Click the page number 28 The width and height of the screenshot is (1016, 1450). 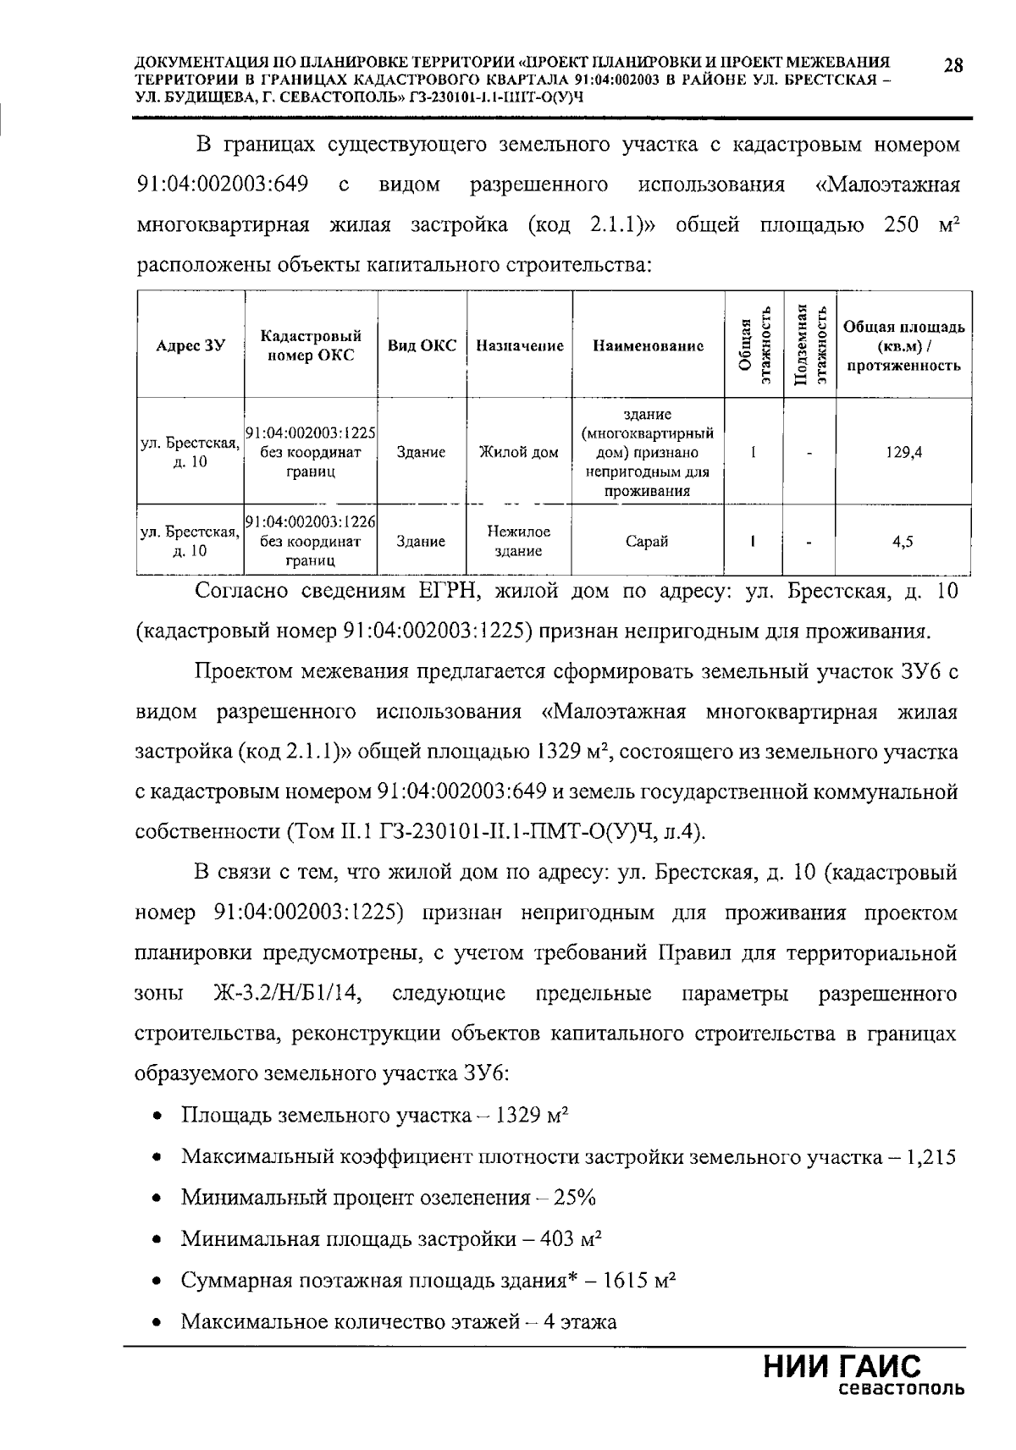[x=952, y=66]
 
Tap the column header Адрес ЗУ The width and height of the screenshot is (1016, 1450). [x=191, y=345]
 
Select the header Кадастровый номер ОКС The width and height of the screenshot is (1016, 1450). [x=311, y=345]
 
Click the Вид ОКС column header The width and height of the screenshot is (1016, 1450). [x=422, y=345]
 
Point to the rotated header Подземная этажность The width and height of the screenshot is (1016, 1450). [x=809, y=345]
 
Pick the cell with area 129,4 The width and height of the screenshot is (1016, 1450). [x=903, y=452]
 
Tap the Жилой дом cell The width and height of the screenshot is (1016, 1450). [x=519, y=452]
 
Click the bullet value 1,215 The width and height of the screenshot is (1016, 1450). [x=930, y=1157]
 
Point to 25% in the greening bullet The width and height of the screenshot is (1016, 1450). [x=576, y=1198]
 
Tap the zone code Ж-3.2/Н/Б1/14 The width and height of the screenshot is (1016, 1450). [x=287, y=994]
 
